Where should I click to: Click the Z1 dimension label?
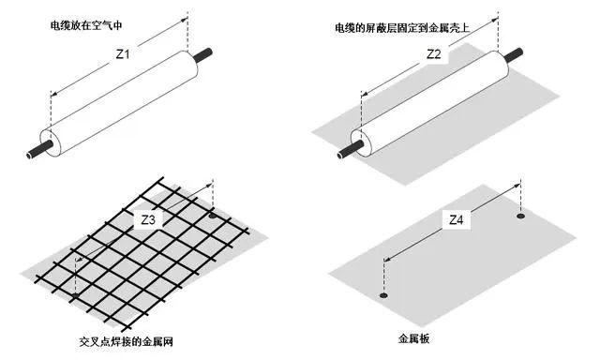[123, 54]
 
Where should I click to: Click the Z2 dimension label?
[434, 54]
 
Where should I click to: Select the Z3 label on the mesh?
[148, 219]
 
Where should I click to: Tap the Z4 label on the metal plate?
[456, 219]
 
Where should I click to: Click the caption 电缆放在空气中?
[86, 25]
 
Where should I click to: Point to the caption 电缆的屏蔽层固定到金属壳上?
[402, 27]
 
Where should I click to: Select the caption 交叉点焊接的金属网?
[127, 341]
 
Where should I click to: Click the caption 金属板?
[413, 338]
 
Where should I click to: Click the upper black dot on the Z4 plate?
[520, 217]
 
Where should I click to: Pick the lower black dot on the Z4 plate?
[383, 295]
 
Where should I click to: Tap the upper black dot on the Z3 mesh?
[213, 217]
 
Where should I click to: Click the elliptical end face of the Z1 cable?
[51, 142]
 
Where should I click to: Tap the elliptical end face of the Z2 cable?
[362, 142]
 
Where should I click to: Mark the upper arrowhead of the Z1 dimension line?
[185, 21]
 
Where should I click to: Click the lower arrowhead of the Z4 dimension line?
[386, 260]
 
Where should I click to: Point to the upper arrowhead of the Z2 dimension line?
[495, 21]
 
